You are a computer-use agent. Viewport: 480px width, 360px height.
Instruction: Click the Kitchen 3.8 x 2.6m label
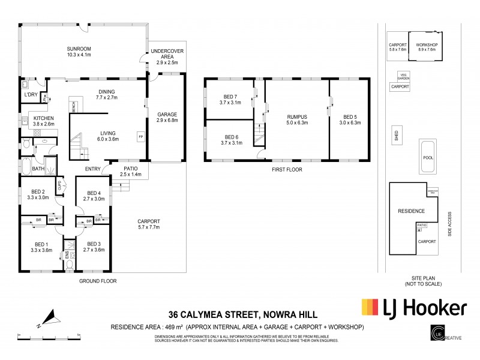point(44,121)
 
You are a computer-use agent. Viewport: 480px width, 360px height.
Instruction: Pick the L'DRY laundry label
point(30,95)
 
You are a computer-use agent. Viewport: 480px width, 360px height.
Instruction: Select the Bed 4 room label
point(93,196)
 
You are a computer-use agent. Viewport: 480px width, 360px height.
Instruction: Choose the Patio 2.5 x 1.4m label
point(131,172)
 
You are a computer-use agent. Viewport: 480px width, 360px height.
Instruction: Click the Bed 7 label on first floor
point(230,100)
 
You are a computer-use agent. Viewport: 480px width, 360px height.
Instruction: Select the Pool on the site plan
point(427,157)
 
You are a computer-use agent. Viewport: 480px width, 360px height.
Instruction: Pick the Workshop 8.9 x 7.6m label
point(427,48)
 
